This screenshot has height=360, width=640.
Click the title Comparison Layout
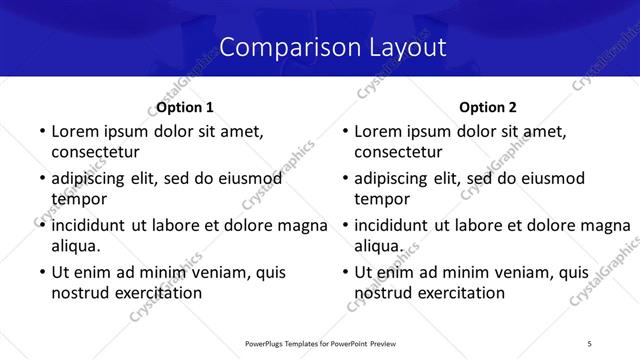click(x=332, y=47)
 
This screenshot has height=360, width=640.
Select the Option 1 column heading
click(x=185, y=107)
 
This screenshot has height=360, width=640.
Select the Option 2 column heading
click(x=489, y=107)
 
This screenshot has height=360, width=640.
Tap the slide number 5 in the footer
click(x=590, y=344)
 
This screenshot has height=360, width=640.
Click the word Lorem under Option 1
click(x=75, y=131)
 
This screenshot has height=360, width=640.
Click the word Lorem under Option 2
click(x=379, y=131)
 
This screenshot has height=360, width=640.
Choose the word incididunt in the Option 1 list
click(x=91, y=225)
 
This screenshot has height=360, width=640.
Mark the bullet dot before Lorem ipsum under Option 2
click(x=343, y=131)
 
